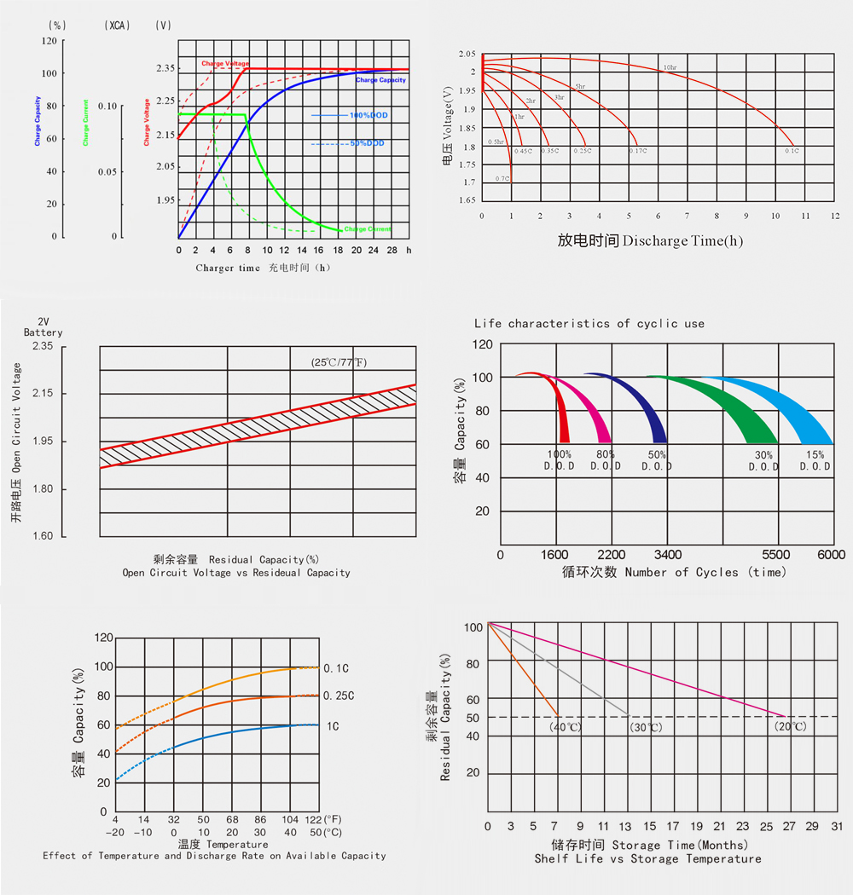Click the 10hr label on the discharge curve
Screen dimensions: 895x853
coord(670,66)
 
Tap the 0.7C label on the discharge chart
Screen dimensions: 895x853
coord(502,178)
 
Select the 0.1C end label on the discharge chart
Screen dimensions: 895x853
coord(792,150)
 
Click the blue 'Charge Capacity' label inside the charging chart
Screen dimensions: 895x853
coord(380,80)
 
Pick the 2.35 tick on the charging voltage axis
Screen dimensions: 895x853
coord(165,67)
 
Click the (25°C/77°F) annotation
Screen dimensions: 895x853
coord(339,362)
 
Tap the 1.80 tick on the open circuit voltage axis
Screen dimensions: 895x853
coord(42,489)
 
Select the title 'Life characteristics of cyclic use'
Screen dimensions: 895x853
coord(589,324)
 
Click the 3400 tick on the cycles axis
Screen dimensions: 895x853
coord(667,554)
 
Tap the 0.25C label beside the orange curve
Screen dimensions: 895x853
coord(339,696)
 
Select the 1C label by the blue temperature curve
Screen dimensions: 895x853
coord(333,726)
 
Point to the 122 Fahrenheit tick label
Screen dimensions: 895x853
coord(312,818)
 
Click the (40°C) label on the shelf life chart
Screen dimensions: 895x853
coord(565,727)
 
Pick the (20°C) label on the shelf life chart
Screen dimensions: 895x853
coord(790,727)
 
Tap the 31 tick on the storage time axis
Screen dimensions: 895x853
coord(837,827)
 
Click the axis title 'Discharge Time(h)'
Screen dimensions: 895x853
coord(682,241)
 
